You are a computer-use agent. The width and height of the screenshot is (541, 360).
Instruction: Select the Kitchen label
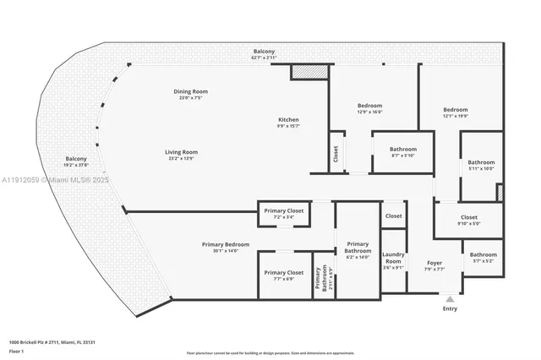pyautogui.click(x=288, y=120)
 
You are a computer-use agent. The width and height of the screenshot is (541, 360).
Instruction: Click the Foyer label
pyautogui.click(x=434, y=263)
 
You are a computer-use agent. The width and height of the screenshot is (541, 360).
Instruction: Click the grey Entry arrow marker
pyautogui.click(x=450, y=298)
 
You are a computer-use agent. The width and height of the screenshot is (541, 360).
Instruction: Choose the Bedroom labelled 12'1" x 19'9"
pyautogui.click(x=456, y=110)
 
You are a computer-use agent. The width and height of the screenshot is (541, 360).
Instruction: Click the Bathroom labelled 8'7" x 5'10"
pyautogui.click(x=402, y=149)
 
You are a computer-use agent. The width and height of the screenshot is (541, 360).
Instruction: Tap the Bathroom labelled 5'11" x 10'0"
pyautogui.click(x=481, y=162)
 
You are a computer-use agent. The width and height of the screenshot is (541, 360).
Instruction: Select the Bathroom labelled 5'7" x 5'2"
pyautogui.click(x=484, y=255)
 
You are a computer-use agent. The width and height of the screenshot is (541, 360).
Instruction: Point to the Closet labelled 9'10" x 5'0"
pyautogui.click(x=468, y=217)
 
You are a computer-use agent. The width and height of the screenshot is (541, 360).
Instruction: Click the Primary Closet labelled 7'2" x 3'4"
pyautogui.click(x=283, y=210)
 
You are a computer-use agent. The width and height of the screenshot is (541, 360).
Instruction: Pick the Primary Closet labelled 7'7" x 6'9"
pyautogui.click(x=283, y=273)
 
